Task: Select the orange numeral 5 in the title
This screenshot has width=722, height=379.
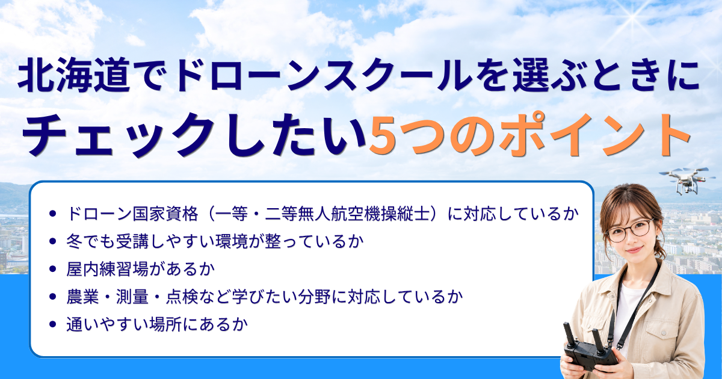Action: coord(384,135)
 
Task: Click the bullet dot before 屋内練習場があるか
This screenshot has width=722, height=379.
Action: coord(53,269)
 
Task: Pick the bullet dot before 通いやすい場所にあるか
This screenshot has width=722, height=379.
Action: coord(53,324)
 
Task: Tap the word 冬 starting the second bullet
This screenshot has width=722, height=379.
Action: coord(75,241)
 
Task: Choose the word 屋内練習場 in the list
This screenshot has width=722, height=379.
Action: coord(106,269)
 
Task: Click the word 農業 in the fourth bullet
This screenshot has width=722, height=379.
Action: coord(82,297)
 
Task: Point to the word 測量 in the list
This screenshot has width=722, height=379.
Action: coord(132,297)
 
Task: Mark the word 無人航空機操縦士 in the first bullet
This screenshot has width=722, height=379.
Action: coord(364,214)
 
